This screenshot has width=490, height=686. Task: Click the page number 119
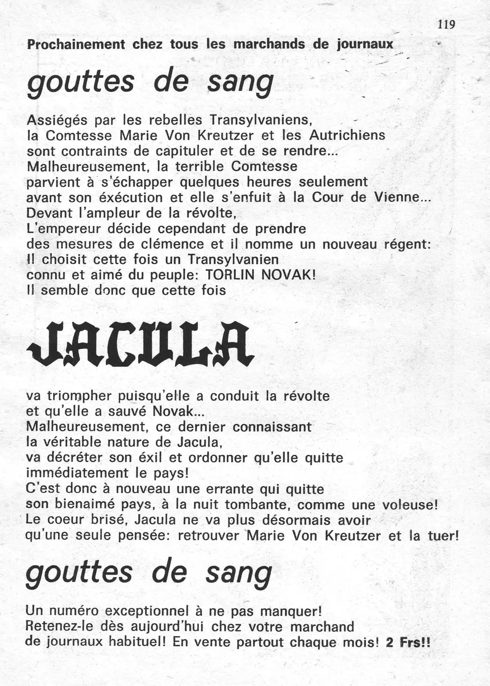446,25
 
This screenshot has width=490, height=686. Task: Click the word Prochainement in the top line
76,44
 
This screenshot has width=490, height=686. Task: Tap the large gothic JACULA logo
140,344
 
